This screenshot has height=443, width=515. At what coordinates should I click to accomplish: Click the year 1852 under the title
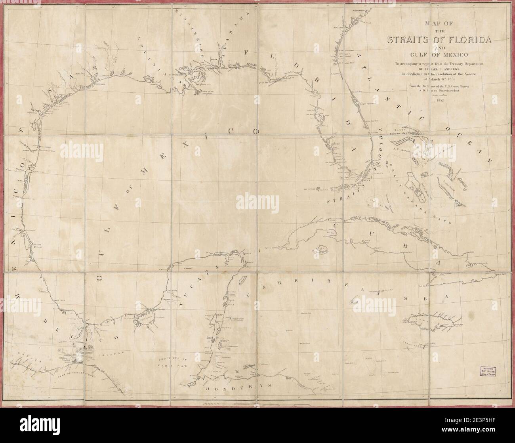(439, 100)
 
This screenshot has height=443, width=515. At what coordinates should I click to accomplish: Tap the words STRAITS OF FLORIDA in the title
(439, 40)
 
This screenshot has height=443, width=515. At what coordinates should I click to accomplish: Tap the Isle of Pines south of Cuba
(321, 249)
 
